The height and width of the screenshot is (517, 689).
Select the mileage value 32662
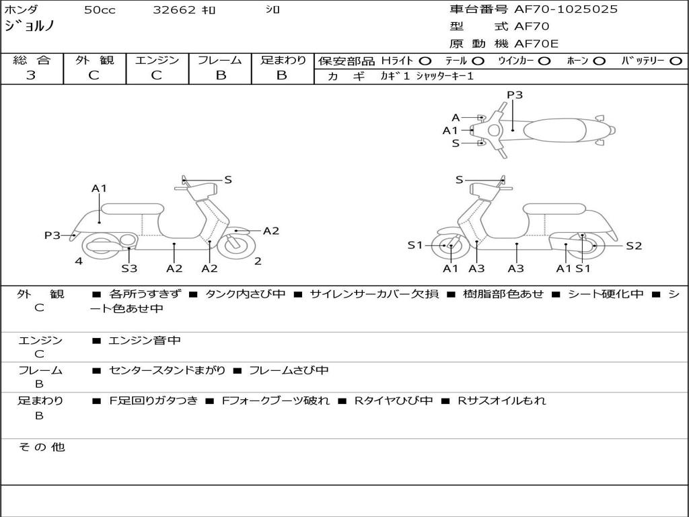(x=174, y=10)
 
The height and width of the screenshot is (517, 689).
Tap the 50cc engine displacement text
(x=100, y=10)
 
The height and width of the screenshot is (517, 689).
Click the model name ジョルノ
(x=30, y=27)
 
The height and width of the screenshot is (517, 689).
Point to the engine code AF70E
(x=537, y=44)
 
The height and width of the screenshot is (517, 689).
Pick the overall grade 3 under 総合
(x=31, y=75)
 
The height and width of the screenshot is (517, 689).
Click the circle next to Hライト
(x=425, y=61)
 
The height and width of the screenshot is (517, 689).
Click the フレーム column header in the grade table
(x=219, y=60)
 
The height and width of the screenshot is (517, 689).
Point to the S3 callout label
(x=129, y=269)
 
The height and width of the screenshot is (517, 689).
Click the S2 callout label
(x=634, y=246)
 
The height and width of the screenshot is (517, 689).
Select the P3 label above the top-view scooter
(x=515, y=95)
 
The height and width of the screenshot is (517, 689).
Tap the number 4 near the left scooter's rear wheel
(x=79, y=261)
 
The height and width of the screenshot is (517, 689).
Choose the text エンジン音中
(x=144, y=341)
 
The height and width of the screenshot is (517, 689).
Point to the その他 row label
(x=42, y=447)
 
